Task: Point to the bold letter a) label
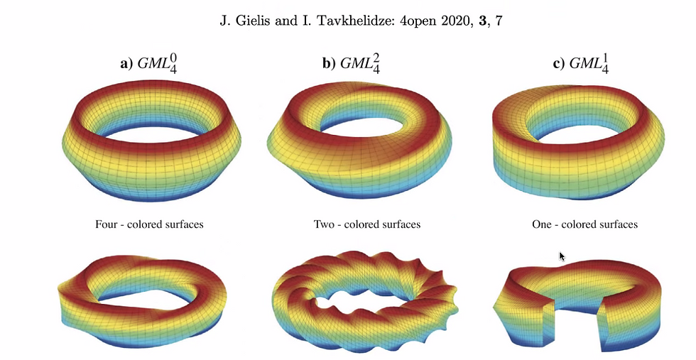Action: (126, 63)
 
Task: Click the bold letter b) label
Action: (330, 63)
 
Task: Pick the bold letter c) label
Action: (559, 63)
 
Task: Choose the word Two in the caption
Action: (324, 224)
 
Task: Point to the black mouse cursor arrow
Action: (562, 256)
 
